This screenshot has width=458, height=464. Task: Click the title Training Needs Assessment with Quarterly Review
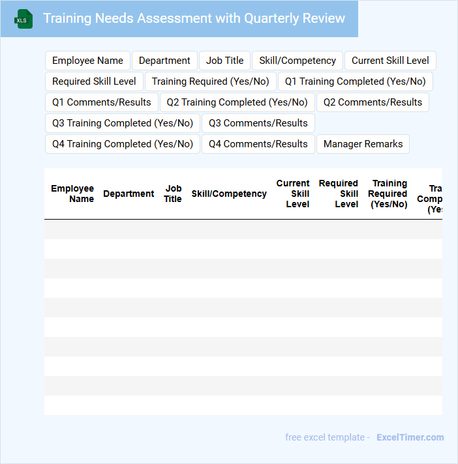point(194,18)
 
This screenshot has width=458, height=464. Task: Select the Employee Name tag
point(87,61)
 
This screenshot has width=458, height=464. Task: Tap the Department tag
point(164,61)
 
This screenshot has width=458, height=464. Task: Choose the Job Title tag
point(224,61)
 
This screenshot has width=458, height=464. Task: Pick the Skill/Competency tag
point(298,61)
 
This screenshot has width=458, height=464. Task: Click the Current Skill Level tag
point(390,61)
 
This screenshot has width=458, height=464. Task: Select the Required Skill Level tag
point(94,81)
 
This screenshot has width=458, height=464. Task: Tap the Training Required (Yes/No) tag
point(210,81)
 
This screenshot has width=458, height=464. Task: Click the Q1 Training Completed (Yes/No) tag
point(355,81)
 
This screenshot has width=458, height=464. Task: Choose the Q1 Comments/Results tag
point(101,102)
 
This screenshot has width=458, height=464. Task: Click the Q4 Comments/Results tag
point(258,144)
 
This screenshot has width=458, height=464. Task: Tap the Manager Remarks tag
point(363,144)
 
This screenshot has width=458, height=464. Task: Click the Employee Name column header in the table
point(72,194)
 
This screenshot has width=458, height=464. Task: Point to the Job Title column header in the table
point(173,194)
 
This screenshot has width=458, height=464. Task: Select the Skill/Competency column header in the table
point(229,194)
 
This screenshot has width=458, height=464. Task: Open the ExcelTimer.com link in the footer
point(410,437)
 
